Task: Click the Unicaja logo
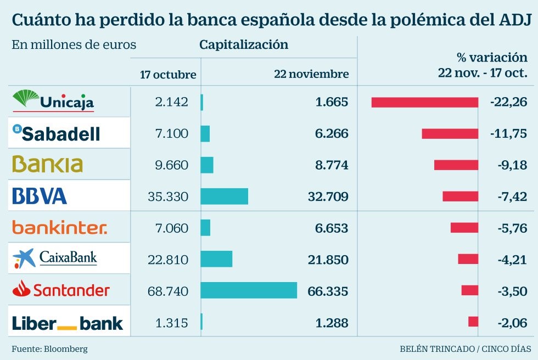point(53,100)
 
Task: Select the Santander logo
point(61,289)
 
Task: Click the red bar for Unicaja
point(424,102)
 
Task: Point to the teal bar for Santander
point(249,290)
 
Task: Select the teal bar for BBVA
point(224,196)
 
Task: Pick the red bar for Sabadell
point(450,133)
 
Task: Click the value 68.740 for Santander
point(168,290)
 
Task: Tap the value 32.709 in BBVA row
point(328,196)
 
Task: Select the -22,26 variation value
point(511,102)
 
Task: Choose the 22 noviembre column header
point(311,74)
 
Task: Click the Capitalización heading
point(243,45)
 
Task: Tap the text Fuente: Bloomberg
point(49,348)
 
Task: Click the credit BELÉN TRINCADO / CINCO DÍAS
point(465,348)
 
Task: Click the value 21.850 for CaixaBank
point(328,259)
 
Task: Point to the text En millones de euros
point(74,45)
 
